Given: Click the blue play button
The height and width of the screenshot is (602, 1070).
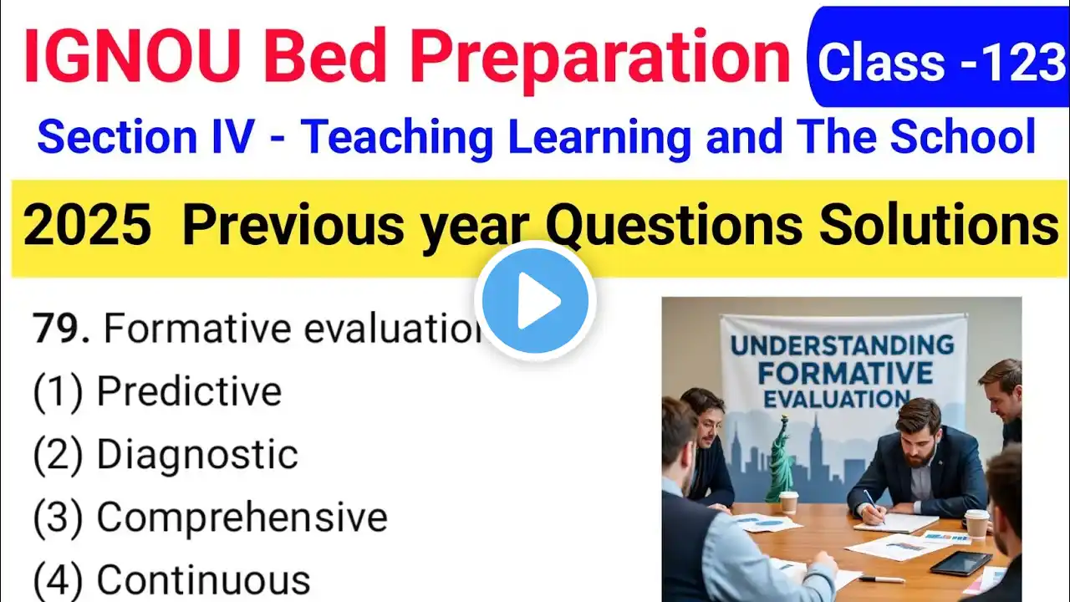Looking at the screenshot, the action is click(x=535, y=300).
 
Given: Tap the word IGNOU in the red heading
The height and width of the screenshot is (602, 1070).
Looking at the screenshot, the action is click(x=132, y=57).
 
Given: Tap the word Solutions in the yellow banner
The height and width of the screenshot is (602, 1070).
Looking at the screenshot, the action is click(x=938, y=225).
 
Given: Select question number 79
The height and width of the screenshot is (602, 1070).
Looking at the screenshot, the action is click(x=61, y=328).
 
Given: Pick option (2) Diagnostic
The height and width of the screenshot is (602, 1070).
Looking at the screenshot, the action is click(x=166, y=454).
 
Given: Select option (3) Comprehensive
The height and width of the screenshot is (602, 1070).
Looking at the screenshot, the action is click(x=210, y=517).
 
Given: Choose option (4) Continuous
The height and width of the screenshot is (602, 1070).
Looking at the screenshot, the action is click(x=171, y=580).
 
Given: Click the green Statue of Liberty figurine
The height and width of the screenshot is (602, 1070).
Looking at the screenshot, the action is click(x=782, y=460).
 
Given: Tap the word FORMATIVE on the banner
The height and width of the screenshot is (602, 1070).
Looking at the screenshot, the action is click(x=845, y=373).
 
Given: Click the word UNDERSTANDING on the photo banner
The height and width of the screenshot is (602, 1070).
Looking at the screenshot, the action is click(x=842, y=345).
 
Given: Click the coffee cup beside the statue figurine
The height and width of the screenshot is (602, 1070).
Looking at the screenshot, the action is click(x=787, y=503).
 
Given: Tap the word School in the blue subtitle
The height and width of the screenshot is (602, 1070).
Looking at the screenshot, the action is click(x=962, y=137).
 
